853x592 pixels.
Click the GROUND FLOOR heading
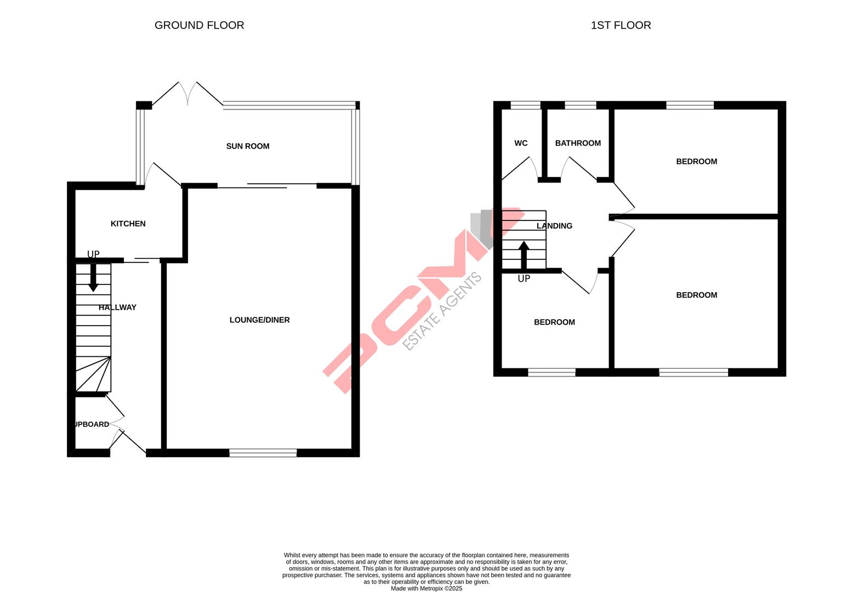pos(199,25)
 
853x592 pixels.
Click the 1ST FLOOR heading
pos(621,25)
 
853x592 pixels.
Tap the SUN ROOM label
pos(248,146)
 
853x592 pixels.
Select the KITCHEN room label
pos(128,224)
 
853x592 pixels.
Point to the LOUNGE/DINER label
pos(259,320)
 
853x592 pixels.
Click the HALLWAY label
pos(117,308)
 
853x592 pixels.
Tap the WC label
pos(521,143)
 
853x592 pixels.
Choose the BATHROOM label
pos(578,143)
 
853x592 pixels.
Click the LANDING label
pos(554,226)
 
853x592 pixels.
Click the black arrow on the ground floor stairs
pos(93,277)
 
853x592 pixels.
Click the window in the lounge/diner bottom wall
pos(263,453)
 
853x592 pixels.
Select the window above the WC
pos(525,105)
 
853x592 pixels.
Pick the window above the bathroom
pos(580,105)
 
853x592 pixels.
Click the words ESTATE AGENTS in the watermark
pos(442,311)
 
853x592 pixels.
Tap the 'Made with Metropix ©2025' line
pos(426,589)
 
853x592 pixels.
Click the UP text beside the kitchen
pos(93,254)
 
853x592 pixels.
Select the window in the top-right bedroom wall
pos(690,105)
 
